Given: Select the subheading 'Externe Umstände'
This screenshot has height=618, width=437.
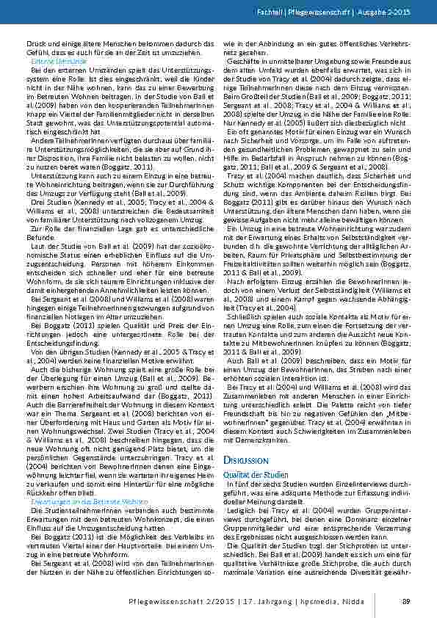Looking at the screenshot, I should click(47, 62).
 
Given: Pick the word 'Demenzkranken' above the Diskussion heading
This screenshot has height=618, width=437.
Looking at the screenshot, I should click(259, 420).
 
